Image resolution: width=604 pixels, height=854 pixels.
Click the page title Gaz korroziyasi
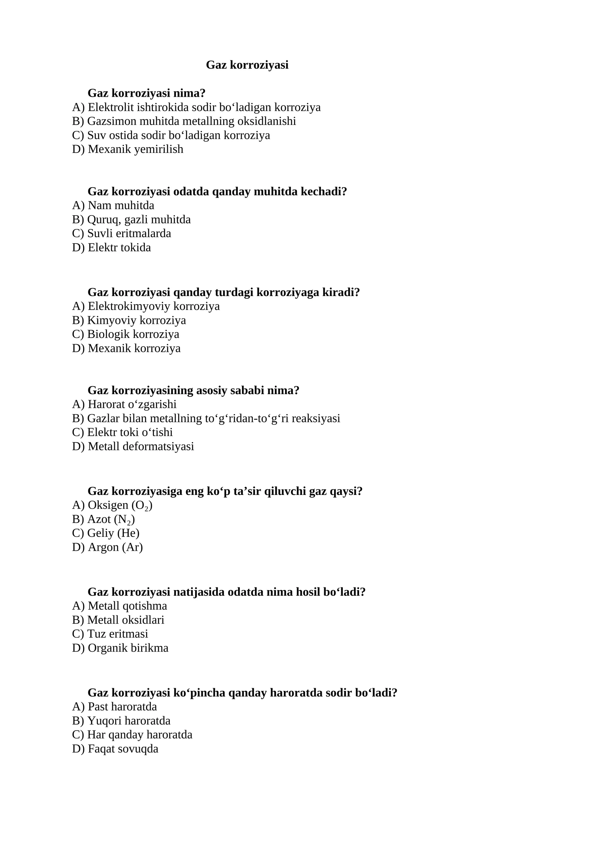247,65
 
